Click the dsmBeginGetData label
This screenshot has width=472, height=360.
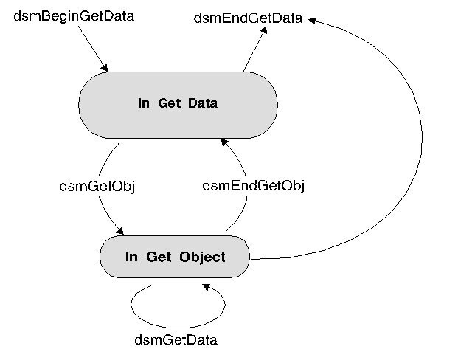[74, 15]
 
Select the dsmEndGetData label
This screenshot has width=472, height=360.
[248, 19]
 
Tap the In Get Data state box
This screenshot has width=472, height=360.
[178, 103]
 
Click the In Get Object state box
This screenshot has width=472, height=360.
[175, 257]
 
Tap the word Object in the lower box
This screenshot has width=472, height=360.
[201, 257]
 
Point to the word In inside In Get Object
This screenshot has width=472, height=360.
[131, 257]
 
